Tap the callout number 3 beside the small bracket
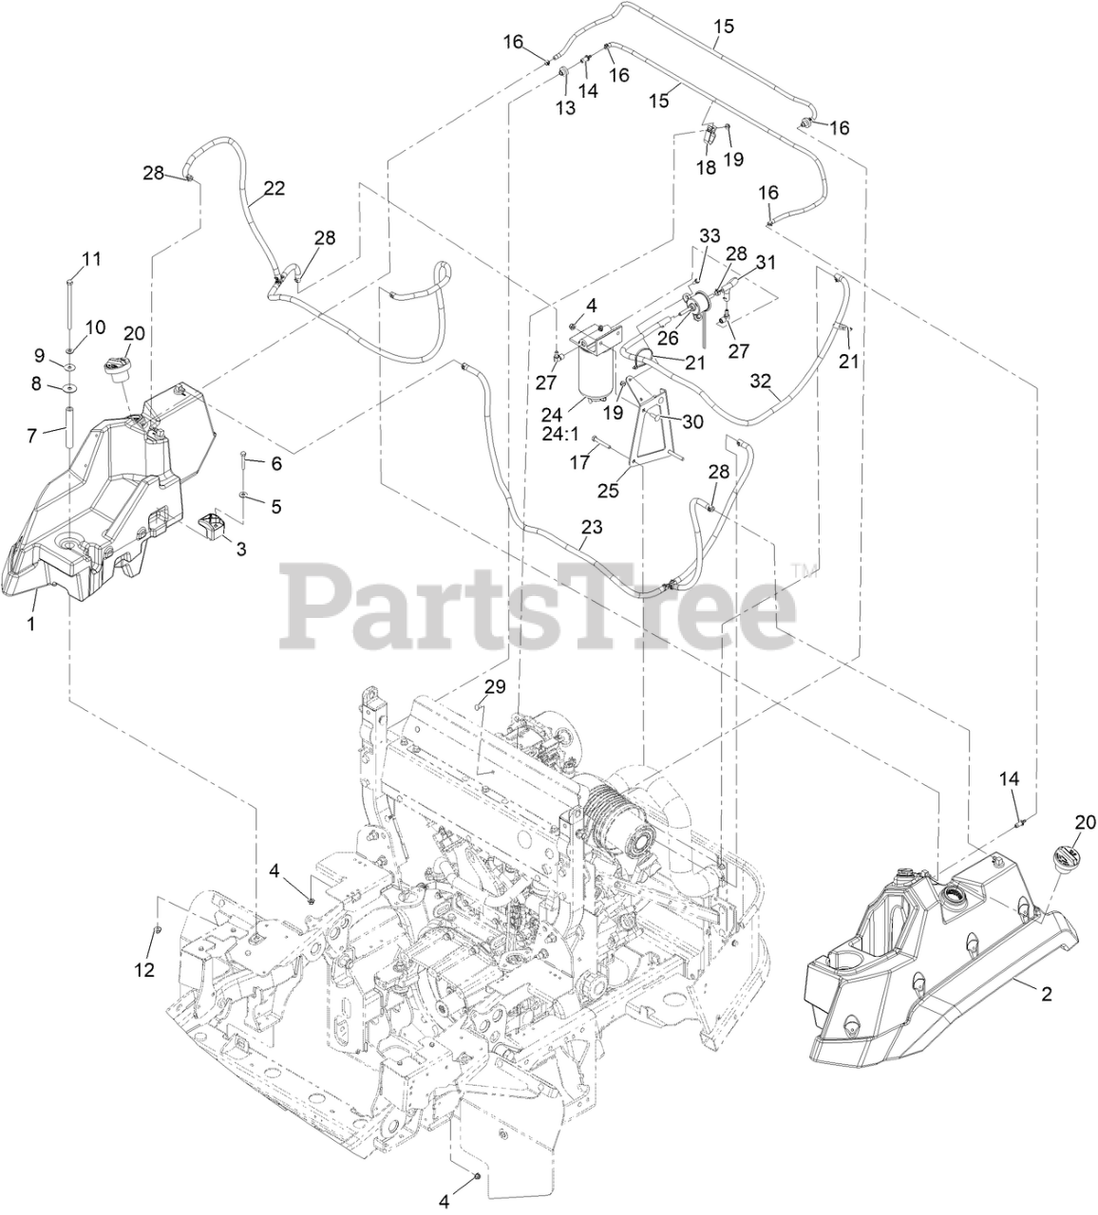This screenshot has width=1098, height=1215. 241,550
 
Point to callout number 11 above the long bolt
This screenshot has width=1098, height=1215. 91,258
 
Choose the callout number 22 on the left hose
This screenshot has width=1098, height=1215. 274,188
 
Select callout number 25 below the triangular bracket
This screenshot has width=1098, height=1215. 607,490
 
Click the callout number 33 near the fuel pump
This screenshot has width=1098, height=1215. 710,235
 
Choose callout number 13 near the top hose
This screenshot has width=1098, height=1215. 566,108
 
